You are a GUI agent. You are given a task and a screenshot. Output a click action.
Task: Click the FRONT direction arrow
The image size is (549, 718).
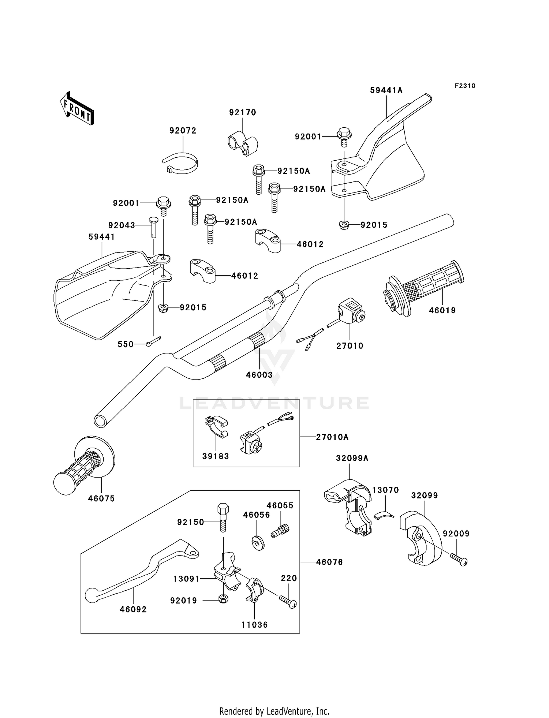click(77, 109)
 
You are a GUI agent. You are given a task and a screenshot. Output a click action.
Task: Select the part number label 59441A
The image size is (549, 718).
click(386, 90)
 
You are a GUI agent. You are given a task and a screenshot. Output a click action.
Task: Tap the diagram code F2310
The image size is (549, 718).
click(465, 86)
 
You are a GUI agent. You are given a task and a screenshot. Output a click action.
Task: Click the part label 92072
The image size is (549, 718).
click(183, 131)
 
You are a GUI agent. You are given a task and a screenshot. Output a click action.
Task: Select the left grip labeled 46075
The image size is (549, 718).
click(84, 466)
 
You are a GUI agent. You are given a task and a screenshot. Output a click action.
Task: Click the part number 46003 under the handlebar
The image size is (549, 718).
click(259, 375)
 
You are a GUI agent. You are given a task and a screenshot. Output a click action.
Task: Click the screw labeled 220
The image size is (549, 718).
click(288, 602)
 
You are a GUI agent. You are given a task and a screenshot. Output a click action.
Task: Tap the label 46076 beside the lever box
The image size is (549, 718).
click(329, 562)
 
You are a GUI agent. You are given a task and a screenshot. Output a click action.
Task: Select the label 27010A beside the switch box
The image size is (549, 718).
click(332, 437)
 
